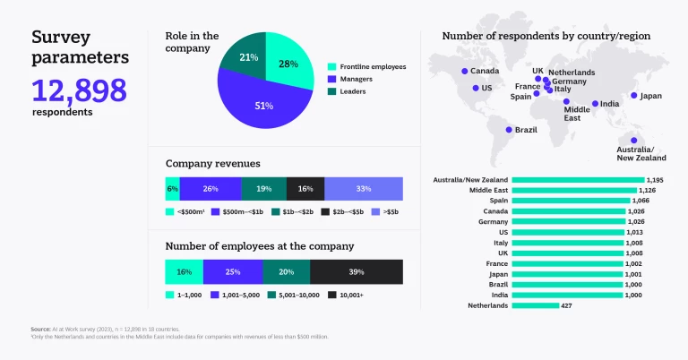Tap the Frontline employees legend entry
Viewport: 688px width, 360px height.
366,66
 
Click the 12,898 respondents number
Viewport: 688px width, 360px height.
79,90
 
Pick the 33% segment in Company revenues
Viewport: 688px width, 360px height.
363,189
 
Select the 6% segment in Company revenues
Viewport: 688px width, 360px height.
172,189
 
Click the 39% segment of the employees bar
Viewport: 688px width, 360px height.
356,271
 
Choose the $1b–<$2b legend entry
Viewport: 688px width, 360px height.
295,211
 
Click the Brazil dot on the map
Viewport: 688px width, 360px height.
508,130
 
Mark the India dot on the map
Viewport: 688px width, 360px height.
595,104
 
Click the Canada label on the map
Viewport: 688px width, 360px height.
485,72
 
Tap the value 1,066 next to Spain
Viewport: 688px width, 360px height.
642,201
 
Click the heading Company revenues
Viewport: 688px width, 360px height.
212,164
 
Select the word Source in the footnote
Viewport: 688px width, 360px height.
40,330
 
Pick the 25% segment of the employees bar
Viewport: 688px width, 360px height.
233,271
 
